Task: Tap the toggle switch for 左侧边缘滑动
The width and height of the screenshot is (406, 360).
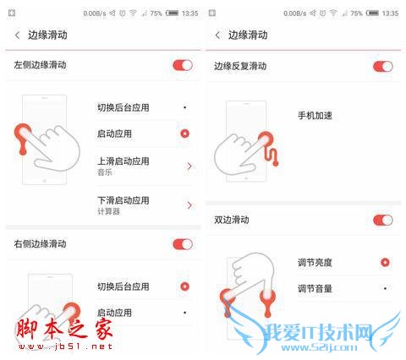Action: [182, 65]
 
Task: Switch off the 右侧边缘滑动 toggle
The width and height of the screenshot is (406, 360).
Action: [182, 244]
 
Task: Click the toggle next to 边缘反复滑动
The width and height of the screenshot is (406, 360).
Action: [382, 66]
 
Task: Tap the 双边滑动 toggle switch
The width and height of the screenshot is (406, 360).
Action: [382, 221]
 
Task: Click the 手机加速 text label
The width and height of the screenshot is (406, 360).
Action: [315, 115]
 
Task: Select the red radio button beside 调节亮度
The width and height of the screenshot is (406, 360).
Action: [385, 263]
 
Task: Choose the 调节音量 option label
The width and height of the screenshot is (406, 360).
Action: [315, 289]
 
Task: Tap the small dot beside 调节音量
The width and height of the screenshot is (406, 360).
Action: [385, 289]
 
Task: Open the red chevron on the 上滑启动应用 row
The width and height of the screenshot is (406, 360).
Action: [189, 166]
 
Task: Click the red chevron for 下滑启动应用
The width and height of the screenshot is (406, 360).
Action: [189, 205]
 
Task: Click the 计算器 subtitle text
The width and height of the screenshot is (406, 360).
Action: [108, 211]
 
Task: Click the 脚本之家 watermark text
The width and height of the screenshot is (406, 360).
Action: [50, 330]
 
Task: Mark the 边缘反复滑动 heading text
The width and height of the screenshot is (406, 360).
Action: [240, 66]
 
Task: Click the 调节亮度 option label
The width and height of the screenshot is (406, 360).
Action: [315, 263]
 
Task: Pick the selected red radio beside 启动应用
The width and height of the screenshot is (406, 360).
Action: [184, 134]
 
